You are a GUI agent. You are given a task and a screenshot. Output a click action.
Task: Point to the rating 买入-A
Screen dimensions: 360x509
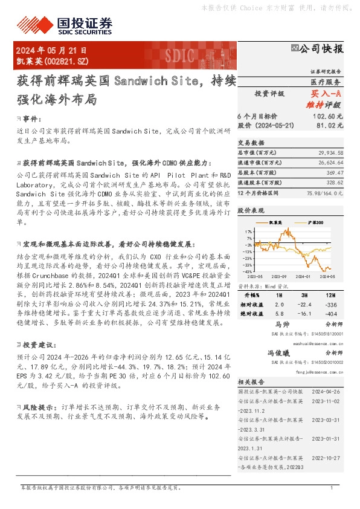click(326, 94)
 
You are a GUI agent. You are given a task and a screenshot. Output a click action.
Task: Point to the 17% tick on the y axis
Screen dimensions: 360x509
click(249, 232)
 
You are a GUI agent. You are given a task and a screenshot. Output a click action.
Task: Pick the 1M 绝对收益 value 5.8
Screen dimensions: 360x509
click(278, 314)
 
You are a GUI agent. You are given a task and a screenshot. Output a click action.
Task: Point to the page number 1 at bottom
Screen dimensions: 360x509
click(332, 487)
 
